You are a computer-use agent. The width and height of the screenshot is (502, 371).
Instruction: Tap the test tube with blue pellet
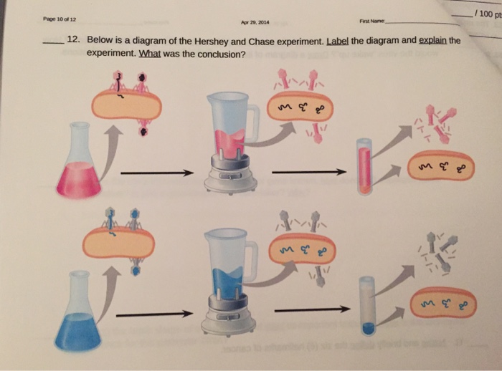368,307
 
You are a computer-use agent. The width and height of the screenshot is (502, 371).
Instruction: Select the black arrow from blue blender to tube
312,310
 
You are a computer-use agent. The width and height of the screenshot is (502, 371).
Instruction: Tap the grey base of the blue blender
228,323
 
